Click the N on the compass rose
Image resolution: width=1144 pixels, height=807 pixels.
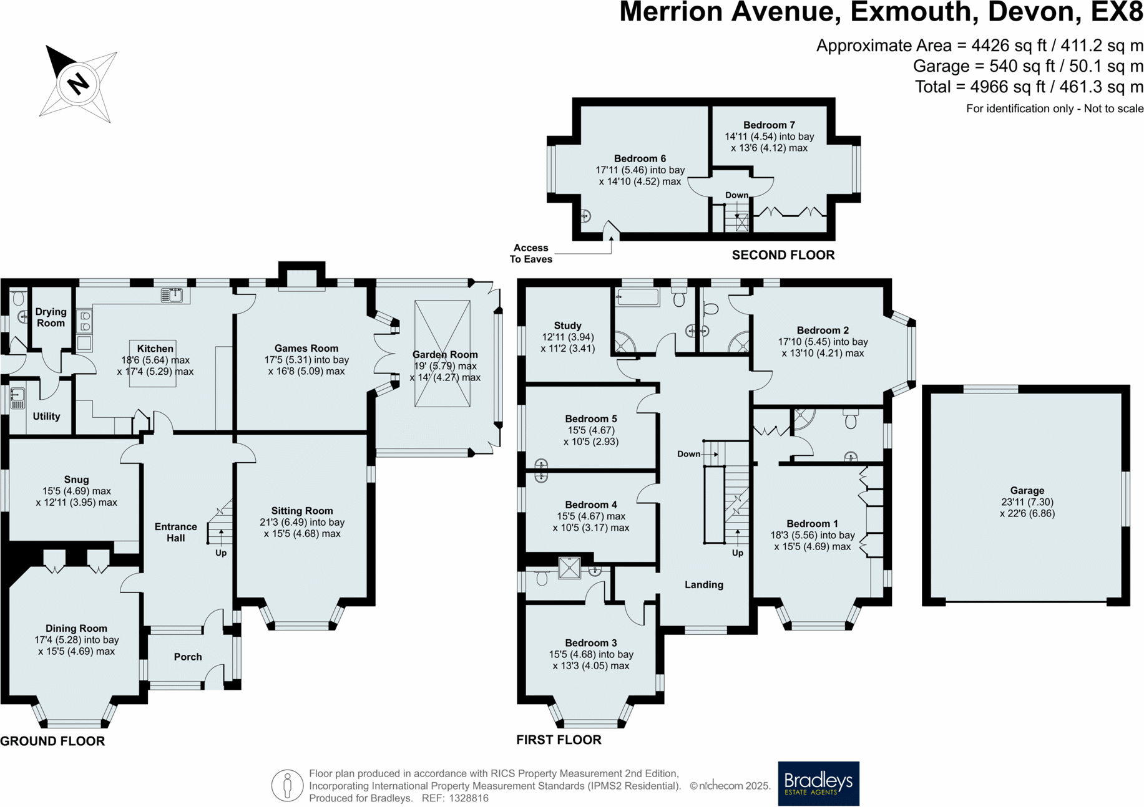click(x=78, y=83)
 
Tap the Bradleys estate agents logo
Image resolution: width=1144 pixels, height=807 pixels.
click(x=818, y=783)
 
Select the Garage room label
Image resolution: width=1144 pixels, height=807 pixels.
click(x=1027, y=491)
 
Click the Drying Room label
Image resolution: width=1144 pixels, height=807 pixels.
click(x=51, y=317)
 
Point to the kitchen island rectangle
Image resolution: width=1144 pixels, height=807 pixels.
click(x=153, y=364)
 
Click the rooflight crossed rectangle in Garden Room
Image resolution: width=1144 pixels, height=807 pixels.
click(x=442, y=354)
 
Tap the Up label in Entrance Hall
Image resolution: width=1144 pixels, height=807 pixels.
click(x=221, y=553)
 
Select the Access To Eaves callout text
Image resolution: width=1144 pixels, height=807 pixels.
click(x=530, y=253)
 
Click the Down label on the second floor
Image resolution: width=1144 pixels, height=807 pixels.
click(x=736, y=195)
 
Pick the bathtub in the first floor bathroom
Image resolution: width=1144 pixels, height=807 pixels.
click(x=637, y=297)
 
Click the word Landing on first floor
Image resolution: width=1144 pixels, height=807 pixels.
click(x=703, y=584)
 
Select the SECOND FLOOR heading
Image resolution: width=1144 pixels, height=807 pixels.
click(x=783, y=255)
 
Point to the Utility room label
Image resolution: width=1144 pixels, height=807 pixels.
click(x=46, y=416)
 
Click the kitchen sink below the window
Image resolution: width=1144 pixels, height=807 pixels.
click(x=172, y=295)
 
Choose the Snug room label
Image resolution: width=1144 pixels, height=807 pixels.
click(x=76, y=480)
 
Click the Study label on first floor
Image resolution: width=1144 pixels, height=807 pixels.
click(x=567, y=326)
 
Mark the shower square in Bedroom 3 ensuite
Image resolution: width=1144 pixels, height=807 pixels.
click(x=569, y=568)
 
